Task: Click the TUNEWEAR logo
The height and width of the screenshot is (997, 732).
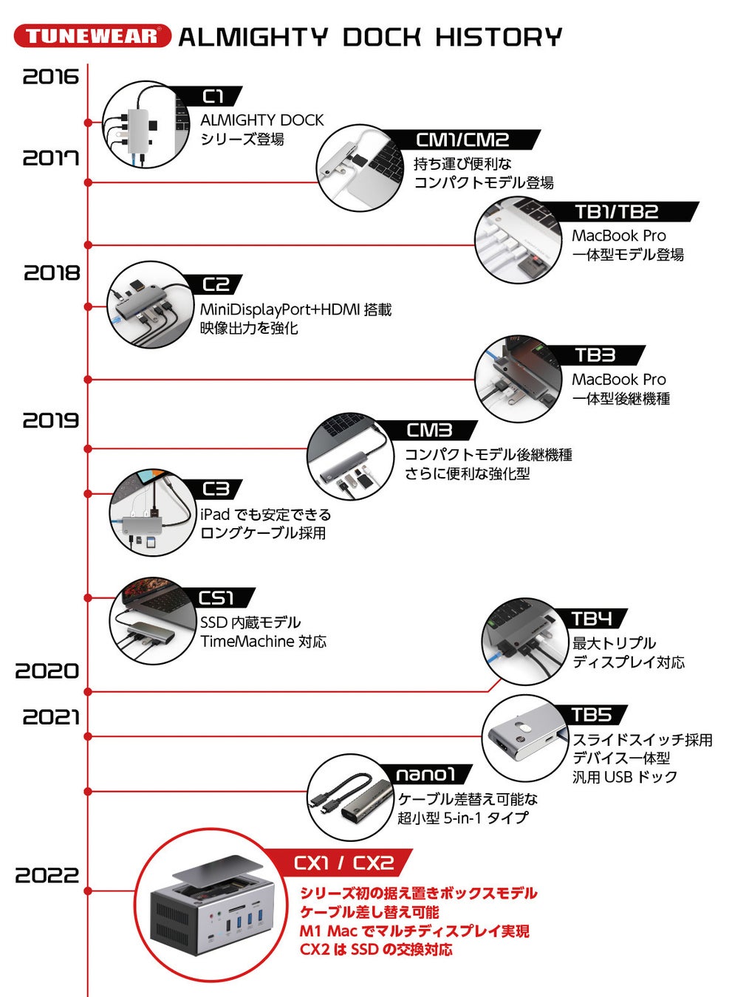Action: point(92,36)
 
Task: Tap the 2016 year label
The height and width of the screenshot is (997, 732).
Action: point(50,77)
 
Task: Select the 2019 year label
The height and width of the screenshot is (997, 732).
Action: point(50,421)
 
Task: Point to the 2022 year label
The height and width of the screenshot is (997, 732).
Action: point(47,876)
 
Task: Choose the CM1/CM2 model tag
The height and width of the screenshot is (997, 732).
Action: point(462,140)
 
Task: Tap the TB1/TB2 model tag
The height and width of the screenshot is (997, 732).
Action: point(616,212)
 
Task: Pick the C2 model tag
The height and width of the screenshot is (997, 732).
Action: point(216,284)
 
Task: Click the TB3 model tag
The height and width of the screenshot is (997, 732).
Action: point(595,355)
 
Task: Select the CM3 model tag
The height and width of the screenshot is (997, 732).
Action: point(429,430)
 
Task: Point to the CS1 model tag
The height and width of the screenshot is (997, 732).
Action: point(216,597)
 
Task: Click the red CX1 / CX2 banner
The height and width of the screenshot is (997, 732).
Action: point(343,863)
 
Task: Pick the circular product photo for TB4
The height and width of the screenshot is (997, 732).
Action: point(524,642)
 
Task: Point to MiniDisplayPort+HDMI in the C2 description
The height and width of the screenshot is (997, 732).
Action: point(279,309)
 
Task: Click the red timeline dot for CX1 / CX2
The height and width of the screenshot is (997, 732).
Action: point(88,891)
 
